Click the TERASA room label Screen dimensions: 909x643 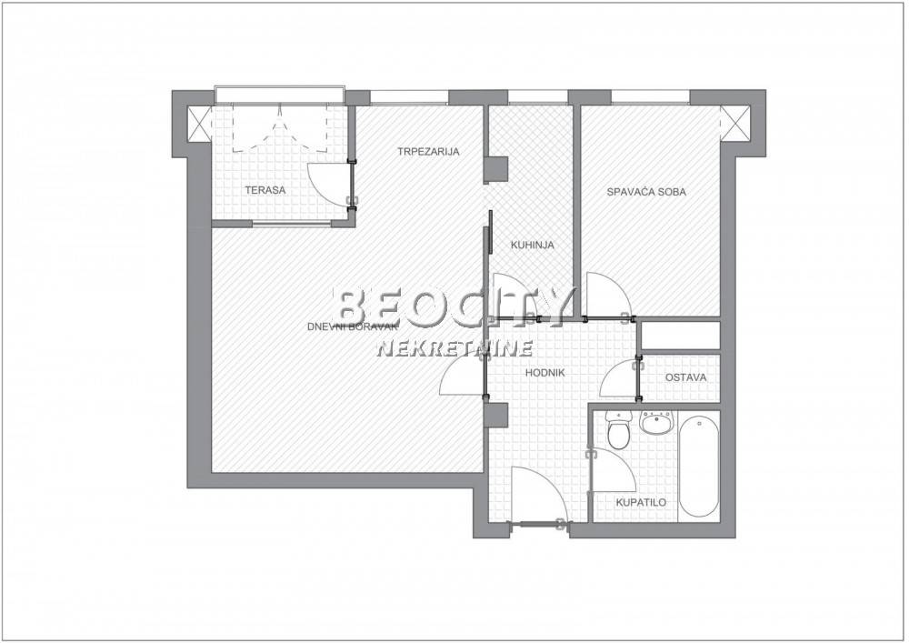[265, 189]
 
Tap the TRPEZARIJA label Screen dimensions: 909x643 [428, 152]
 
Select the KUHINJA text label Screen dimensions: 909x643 [532, 245]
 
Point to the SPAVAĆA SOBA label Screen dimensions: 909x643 [646, 191]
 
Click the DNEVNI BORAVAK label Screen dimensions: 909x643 [352, 327]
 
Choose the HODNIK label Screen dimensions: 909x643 [544, 373]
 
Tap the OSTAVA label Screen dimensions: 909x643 [685, 377]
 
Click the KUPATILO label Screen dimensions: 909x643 [641, 502]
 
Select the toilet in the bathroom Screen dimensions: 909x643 [618, 429]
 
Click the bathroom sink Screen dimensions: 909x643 [656, 423]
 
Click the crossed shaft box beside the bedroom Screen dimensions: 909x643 [735, 123]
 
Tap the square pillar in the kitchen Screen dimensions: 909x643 [496, 169]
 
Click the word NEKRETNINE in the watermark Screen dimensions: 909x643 [455, 348]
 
